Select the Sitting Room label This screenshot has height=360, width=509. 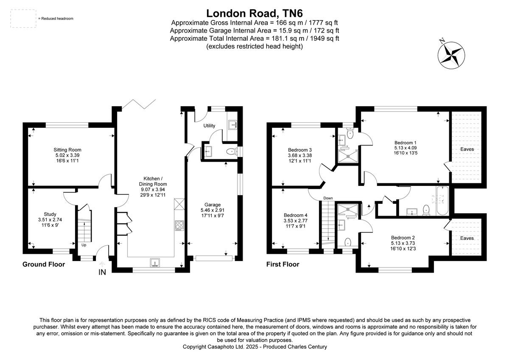pyautogui.click(x=67, y=150)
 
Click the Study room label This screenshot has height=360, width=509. pyautogui.click(x=50, y=214)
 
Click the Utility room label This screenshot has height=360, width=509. pyautogui.click(x=209, y=126)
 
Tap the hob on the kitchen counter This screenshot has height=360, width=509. pyautogui.click(x=179, y=226)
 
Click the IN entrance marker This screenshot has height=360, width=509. pyautogui.click(x=102, y=273)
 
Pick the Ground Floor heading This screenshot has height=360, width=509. pyautogui.click(x=44, y=264)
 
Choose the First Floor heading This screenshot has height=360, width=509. pyautogui.click(x=282, y=264)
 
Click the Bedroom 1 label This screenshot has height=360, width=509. pyautogui.click(x=403, y=143)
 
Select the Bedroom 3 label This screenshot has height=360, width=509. pyautogui.click(x=300, y=150)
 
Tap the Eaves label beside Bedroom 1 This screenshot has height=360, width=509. pyautogui.click(x=467, y=149)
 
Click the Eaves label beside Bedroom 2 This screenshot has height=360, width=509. pyautogui.click(x=467, y=238)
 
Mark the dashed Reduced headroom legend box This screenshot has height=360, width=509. pyautogui.click(x=23, y=19)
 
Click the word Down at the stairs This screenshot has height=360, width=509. pyautogui.click(x=328, y=198)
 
